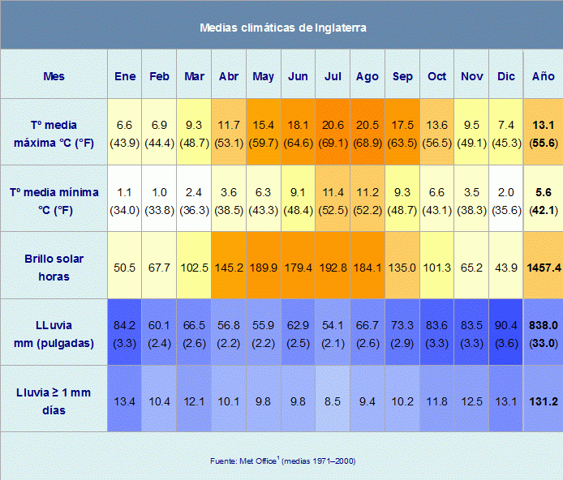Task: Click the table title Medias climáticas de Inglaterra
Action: click(283, 28)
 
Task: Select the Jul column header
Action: click(333, 76)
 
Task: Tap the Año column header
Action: click(543, 76)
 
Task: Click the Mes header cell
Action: click(54, 76)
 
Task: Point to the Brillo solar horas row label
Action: click(54, 268)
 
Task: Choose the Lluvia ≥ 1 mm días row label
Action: click(54, 401)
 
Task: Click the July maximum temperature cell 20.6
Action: click(333, 125)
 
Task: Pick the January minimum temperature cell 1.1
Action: click(124, 192)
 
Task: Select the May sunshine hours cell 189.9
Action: click(263, 268)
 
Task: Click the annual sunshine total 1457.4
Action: click(544, 268)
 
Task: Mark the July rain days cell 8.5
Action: click(333, 401)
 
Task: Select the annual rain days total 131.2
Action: click(544, 401)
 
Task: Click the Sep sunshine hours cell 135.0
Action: click(402, 268)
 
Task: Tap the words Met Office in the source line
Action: click(258, 461)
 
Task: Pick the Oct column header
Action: click(436, 76)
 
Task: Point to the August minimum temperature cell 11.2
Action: click(367, 192)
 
